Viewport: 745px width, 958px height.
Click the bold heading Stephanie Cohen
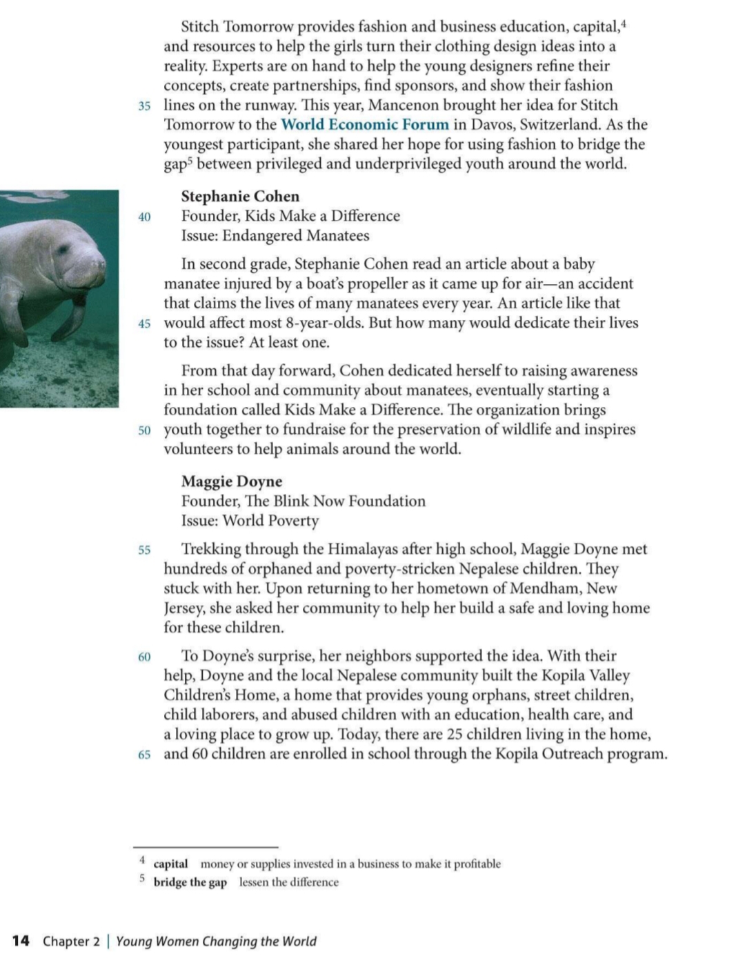(240, 197)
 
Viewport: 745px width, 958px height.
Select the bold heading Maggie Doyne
(232, 481)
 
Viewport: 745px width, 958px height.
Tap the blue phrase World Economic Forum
(365, 125)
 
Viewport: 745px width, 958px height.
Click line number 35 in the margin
(144, 106)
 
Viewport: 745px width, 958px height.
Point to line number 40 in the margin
(144, 217)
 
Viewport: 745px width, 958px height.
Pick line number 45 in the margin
(144, 324)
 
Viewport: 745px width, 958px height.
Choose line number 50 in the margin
(144, 430)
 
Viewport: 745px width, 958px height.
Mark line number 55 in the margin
(144, 550)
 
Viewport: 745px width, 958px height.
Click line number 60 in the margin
(144, 657)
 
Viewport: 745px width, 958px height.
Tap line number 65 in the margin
(144, 755)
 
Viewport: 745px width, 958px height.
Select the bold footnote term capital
(170, 864)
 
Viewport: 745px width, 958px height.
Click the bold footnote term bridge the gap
(190, 883)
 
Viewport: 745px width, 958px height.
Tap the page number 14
(21, 941)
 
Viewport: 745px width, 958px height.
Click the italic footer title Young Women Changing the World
(216, 941)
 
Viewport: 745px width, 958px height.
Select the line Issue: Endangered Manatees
(275, 236)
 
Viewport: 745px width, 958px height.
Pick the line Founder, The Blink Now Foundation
(304, 501)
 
